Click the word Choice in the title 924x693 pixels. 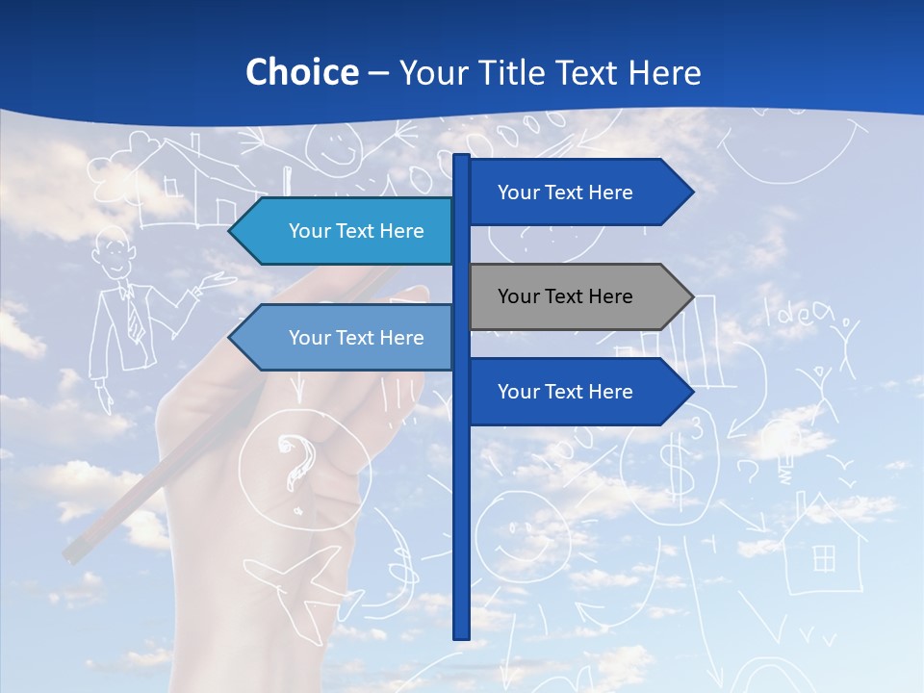[x=301, y=72]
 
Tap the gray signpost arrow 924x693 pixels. [x=577, y=296]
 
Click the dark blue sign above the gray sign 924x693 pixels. [x=577, y=192]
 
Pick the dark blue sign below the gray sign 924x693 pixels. [x=577, y=392]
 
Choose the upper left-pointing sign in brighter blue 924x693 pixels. [x=342, y=231]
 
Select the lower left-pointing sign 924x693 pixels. [x=342, y=338]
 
